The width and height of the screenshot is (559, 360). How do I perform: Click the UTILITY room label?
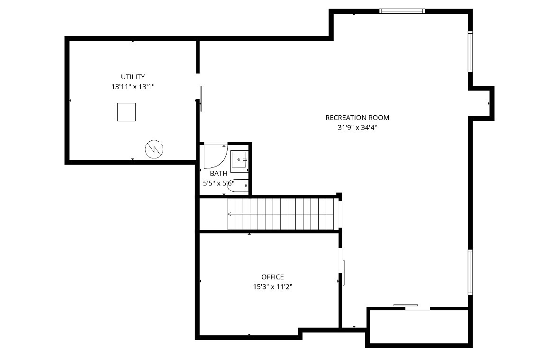pyautogui.click(x=133, y=77)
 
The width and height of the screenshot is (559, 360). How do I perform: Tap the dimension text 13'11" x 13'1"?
pyautogui.click(x=133, y=87)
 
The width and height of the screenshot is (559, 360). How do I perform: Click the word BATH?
pyautogui.click(x=219, y=174)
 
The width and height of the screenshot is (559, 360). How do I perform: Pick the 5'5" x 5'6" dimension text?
pyautogui.click(x=219, y=183)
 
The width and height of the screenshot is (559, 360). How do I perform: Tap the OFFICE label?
pyautogui.click(x=273, y=277)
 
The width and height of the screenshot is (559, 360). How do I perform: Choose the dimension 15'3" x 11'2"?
pyautogui.click(x=273, y=287)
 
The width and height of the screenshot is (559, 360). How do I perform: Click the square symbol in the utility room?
pyautogui.click(x=127, y=112)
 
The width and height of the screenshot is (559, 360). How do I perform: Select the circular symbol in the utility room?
pyautogui.click(x=154, y=149)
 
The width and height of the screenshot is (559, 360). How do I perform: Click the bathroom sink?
pyautogui.click(x=239, y=161)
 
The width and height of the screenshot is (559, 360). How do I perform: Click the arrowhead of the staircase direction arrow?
pyautogui.click(x=229, y=214)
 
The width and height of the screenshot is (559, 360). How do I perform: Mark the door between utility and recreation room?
pyautogui.click(x=201, y=98)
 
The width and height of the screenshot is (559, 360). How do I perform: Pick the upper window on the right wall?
pyautogui.click(x=470, y=51)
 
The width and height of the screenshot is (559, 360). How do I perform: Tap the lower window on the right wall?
pyautogui.click(x=470, y=272)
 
